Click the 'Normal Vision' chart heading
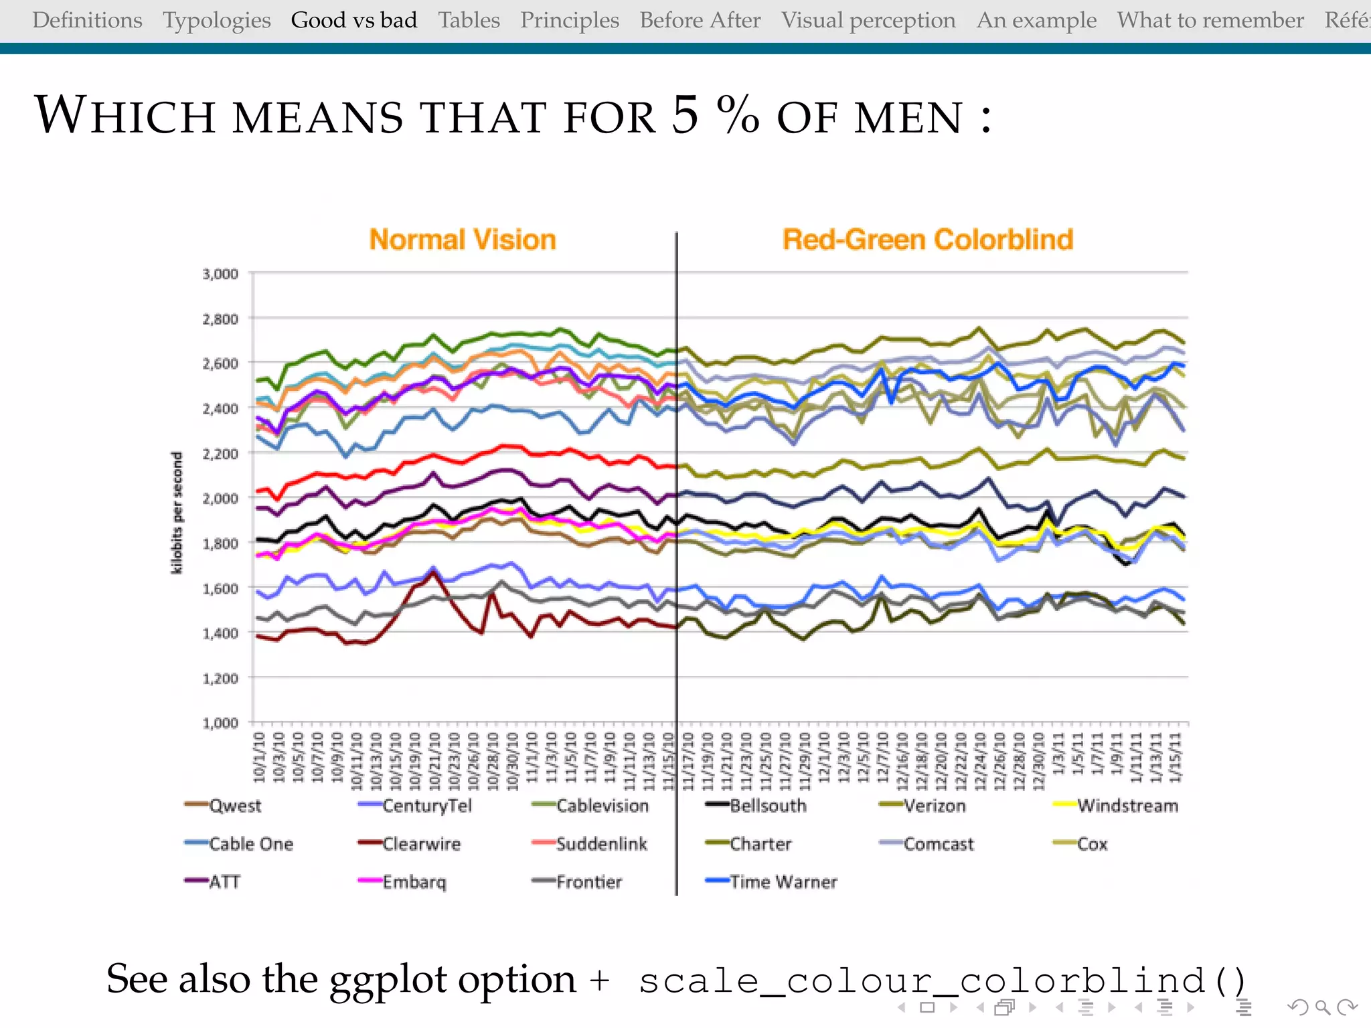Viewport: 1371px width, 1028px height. tap(463, 240)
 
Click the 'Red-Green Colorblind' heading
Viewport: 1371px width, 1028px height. tap(928, 240)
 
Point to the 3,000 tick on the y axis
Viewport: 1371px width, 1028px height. tap(220, 274)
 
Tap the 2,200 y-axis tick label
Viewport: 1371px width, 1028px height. tap(220, 453)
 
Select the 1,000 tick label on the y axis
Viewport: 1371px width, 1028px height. tap(220, 723)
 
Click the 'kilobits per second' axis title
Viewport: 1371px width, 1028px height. tap(177, 513)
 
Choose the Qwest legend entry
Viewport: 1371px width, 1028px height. tap(234, 806)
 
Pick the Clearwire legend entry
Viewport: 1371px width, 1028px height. tap(421, 844)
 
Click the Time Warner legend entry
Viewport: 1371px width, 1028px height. tap(783, 882)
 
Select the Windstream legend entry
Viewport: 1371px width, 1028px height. tap(1127, 806)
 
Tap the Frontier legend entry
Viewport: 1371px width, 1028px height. tap(588, 882)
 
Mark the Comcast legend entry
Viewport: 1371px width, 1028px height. tap(938, 844)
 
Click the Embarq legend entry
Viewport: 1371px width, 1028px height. tap(414, 882)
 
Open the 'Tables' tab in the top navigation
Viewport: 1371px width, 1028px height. tap(469, 20)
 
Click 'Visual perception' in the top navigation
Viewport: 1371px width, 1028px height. tap(868, 20)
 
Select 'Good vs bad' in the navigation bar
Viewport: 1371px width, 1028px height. tap(353, 20)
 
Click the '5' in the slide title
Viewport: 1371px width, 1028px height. tap(684, 115)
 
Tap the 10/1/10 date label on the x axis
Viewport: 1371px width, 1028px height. tap(259, 757)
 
